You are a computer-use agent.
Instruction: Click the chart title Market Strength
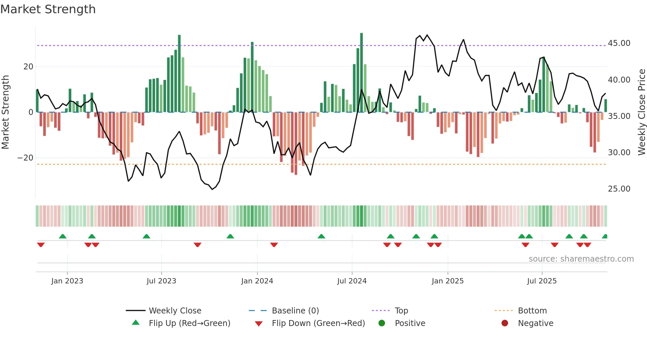click(x=48, y=9)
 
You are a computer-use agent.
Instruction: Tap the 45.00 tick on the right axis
click(x=619, y=43)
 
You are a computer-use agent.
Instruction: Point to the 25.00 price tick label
click(x=619, y=189)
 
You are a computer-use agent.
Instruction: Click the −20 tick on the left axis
click(x=25, y=158)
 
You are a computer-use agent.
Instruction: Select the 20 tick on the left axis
click(x=28, y=67)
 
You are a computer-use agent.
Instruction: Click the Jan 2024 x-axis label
click(x=257, y=281)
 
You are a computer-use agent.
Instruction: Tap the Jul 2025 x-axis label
click(x=542, y=281)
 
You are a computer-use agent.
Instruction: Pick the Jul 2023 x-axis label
click(x=161, y=281)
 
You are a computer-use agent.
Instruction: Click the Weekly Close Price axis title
click(x=641, y=112)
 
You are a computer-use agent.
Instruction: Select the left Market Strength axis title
click(x=5, y=112)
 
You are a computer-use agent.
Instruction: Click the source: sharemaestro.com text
click(x=581, y=259)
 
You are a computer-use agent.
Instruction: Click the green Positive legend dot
click(x=382, y=323)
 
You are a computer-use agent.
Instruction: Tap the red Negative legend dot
click(x=505, y=323)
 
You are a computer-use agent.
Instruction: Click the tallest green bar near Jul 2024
click(x=361, y=73)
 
